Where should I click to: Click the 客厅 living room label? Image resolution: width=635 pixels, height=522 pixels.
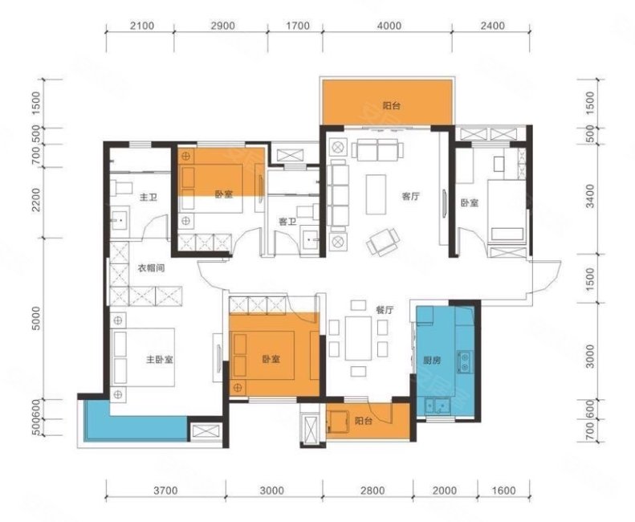click(410, 197)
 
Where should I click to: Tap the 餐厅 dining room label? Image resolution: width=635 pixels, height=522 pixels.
click(385, 310)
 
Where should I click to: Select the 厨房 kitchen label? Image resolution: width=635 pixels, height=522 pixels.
click(432, 360)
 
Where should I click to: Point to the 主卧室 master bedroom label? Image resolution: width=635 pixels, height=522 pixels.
click(160, 360)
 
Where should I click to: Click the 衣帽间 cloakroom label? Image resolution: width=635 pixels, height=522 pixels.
click(151, 268)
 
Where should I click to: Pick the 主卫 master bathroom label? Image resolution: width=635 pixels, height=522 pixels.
click(149, 198)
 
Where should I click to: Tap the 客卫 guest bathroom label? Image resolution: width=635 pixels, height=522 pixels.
click(287, 222)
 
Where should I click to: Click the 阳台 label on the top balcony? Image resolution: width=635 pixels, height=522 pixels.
click(392, 106)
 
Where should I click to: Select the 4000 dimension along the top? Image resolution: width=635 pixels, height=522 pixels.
click(389, 26)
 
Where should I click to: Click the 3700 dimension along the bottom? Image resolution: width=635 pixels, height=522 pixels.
click(165, 491)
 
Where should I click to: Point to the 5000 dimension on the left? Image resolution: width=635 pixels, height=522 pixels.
click(36, 318)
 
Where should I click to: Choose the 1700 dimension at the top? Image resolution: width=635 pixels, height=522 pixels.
click(298, 26)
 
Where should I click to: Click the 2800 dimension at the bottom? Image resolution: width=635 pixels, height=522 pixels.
click(372, 491)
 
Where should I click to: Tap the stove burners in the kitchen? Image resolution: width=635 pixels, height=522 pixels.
click(464, 362)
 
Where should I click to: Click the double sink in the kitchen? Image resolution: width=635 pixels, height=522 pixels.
click(437, 406)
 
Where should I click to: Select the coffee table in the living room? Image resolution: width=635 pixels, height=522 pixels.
click(376, 194)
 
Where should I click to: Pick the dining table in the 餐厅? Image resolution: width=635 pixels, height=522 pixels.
click(358, 338)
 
